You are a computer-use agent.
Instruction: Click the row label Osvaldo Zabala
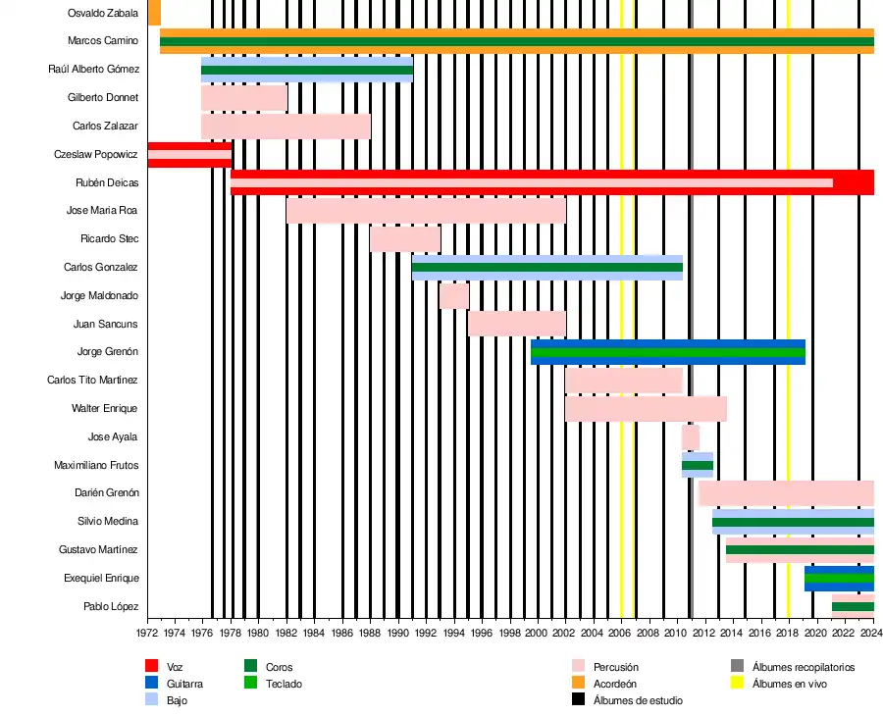click(103, 13)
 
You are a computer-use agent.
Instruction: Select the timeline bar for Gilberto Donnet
click(243, 98)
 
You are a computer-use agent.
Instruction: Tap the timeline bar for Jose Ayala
click(690, 436)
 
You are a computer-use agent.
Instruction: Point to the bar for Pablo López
click(852, 603)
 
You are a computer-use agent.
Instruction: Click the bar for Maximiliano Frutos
click(697, 465)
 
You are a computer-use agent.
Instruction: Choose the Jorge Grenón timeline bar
click(667, 352)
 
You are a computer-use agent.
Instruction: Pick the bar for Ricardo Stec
click(404, 239)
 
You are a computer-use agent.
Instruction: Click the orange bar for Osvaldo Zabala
click(154, 13)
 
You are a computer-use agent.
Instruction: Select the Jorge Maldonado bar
click(453, 296)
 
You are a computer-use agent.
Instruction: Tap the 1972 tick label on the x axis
click(147, 634)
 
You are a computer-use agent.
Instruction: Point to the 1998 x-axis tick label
click(509, 634)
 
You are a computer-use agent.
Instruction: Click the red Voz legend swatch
click(152, 667)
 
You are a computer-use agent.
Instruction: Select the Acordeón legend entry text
click(615, 684)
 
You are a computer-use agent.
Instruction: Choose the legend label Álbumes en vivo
click(794, 684)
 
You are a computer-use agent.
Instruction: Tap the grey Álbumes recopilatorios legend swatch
click(737, 667)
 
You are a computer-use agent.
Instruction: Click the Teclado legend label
click(284, 684)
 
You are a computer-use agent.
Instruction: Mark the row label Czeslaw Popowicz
click(96, 155)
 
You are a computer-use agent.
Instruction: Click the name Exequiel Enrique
click(101, 579)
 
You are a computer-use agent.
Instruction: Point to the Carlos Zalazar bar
click(285, 127)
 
